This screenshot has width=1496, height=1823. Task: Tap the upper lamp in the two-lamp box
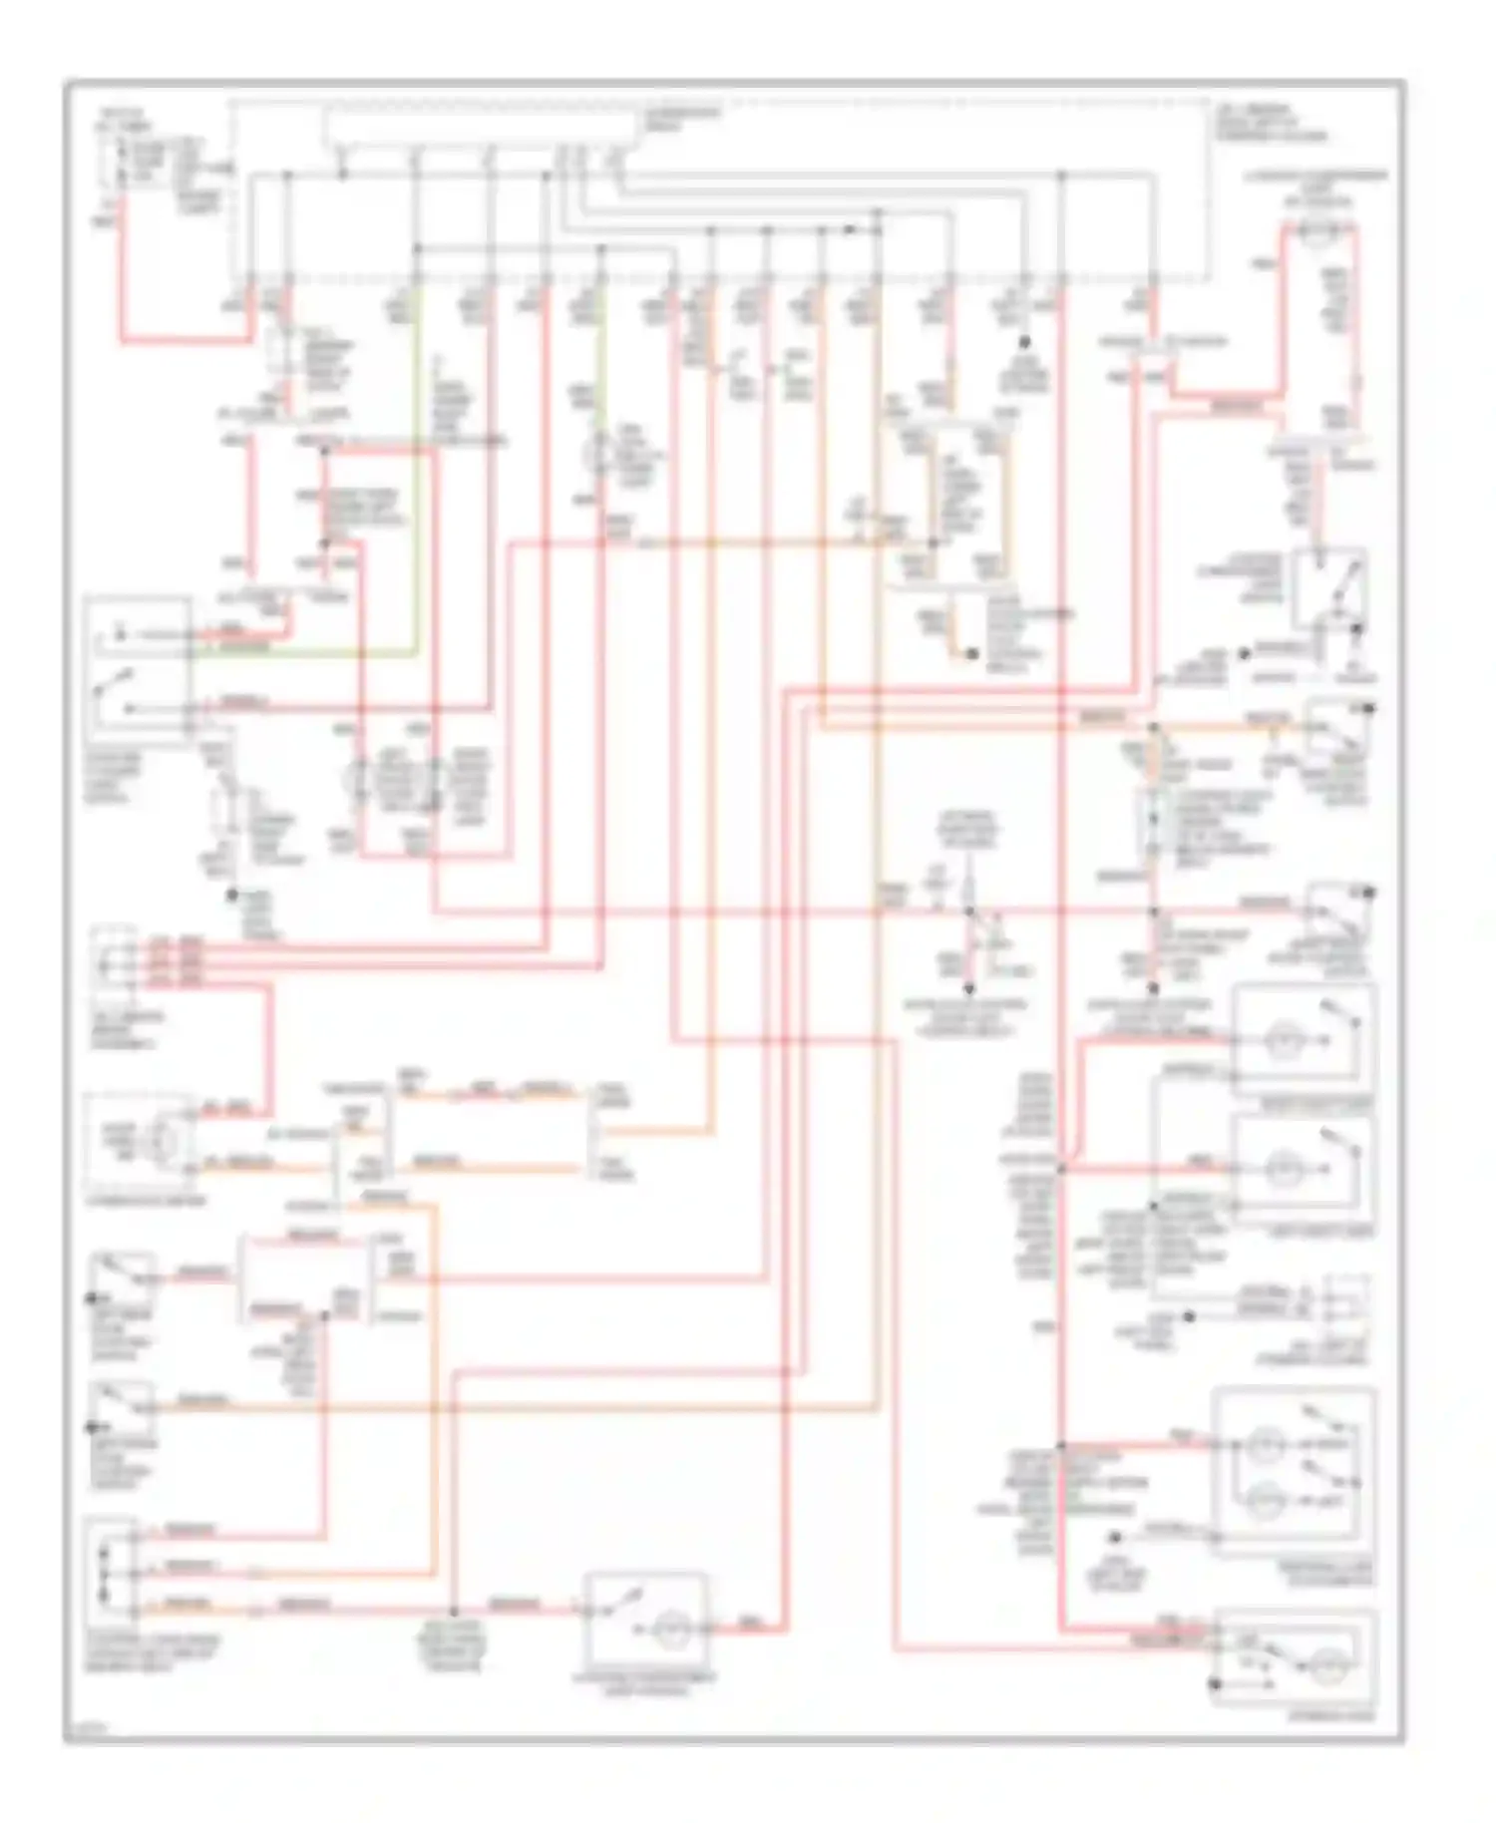pos(1266,1444)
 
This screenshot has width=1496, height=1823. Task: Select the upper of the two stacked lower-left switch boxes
pos(122,1278)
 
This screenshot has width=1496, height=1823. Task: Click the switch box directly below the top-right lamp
pos(1329,590)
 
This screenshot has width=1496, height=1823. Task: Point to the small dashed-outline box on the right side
pos(1342,1303)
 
